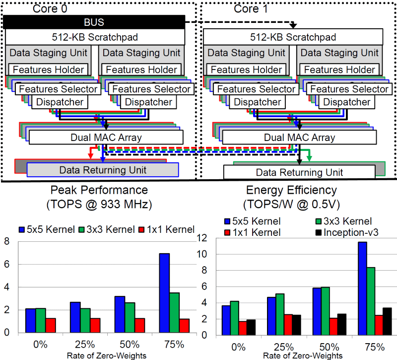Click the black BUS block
click(94, 22)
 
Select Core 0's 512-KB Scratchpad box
click(94, 36)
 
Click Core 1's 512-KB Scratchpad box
click(293, 36)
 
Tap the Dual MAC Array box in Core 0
click(106, 138)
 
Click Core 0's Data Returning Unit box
click(103, 170)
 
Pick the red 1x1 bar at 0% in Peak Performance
click(51, 326)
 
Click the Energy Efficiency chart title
click(298, 196)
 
